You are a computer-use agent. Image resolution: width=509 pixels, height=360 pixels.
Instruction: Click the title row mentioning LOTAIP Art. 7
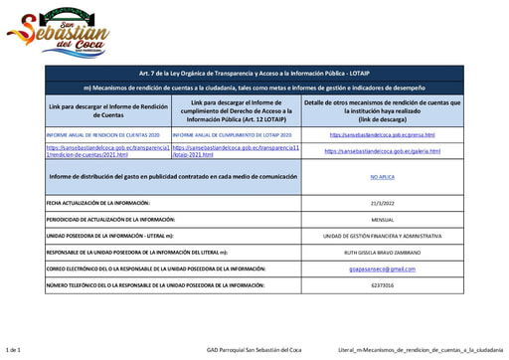(x=255, y=74)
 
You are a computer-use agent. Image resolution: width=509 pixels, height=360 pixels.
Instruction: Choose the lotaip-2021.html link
(x=235, y=151)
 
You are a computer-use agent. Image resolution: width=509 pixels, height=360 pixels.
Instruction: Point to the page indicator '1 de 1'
(x=14, y=351)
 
